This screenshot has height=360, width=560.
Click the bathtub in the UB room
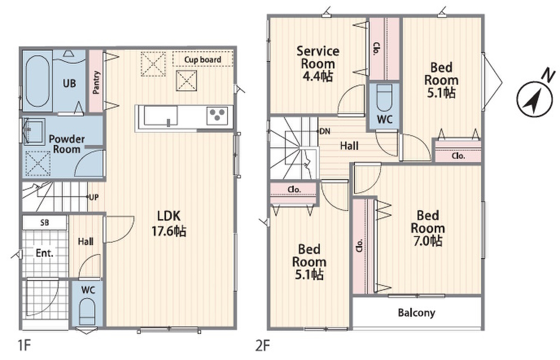click(37, 81)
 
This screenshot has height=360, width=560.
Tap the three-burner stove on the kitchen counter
click(217, 116)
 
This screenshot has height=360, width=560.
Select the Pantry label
click(96, 82)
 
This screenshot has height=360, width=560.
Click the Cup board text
click(203, 60)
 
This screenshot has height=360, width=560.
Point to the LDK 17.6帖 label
click(169, 223)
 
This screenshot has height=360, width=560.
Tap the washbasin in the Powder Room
click(34, 131)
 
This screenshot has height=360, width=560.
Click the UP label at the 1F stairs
click(94, 198)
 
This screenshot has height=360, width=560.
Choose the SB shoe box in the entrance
click(45, 222)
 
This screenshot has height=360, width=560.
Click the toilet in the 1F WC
click(87, 312)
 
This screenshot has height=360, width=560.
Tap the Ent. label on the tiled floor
click(44, 253)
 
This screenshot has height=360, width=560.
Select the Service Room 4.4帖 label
click(318, 64)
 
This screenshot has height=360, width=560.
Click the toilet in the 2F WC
click(384, 98)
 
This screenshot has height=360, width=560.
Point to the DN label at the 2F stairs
click(325, 131)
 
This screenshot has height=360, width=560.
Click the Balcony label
click(416, 313)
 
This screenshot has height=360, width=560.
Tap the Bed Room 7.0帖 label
click(427, 228)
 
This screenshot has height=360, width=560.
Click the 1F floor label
click(24, 346)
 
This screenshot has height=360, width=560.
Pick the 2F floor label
click(262, 346)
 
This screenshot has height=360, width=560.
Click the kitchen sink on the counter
click(161, 116)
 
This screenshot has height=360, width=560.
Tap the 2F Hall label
click(349, 146)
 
